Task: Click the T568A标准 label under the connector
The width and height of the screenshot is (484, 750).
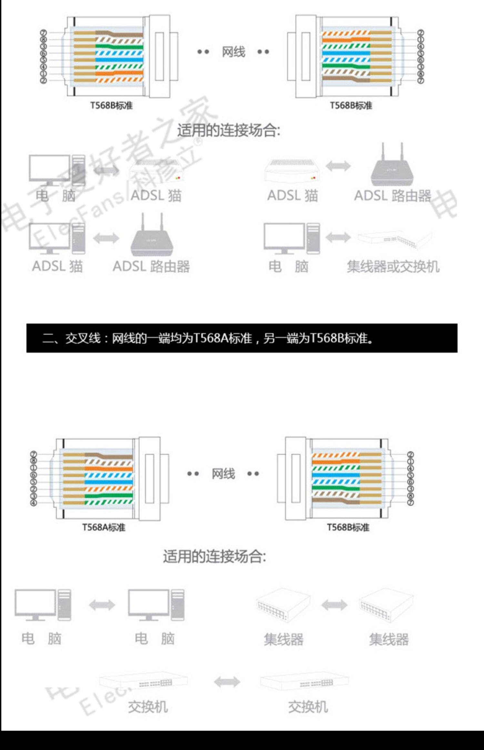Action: point(104,527)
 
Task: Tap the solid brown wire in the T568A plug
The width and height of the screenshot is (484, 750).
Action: point(116,457)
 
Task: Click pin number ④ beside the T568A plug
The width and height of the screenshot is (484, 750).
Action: point(34,503)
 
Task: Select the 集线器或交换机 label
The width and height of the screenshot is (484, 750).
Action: point(393,267)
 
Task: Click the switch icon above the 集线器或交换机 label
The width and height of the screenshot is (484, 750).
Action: point(394,239)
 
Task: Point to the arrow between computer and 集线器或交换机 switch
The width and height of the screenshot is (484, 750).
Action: point(338,237)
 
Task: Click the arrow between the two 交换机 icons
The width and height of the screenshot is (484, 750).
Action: point(227,682)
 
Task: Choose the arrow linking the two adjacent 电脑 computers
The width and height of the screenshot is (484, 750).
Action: point(102,605)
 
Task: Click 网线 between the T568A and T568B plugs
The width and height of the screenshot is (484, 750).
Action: point(223,474)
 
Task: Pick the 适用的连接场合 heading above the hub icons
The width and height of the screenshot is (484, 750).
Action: point(215,557)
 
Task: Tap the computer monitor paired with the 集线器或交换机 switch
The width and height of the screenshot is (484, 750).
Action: point(284,236)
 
